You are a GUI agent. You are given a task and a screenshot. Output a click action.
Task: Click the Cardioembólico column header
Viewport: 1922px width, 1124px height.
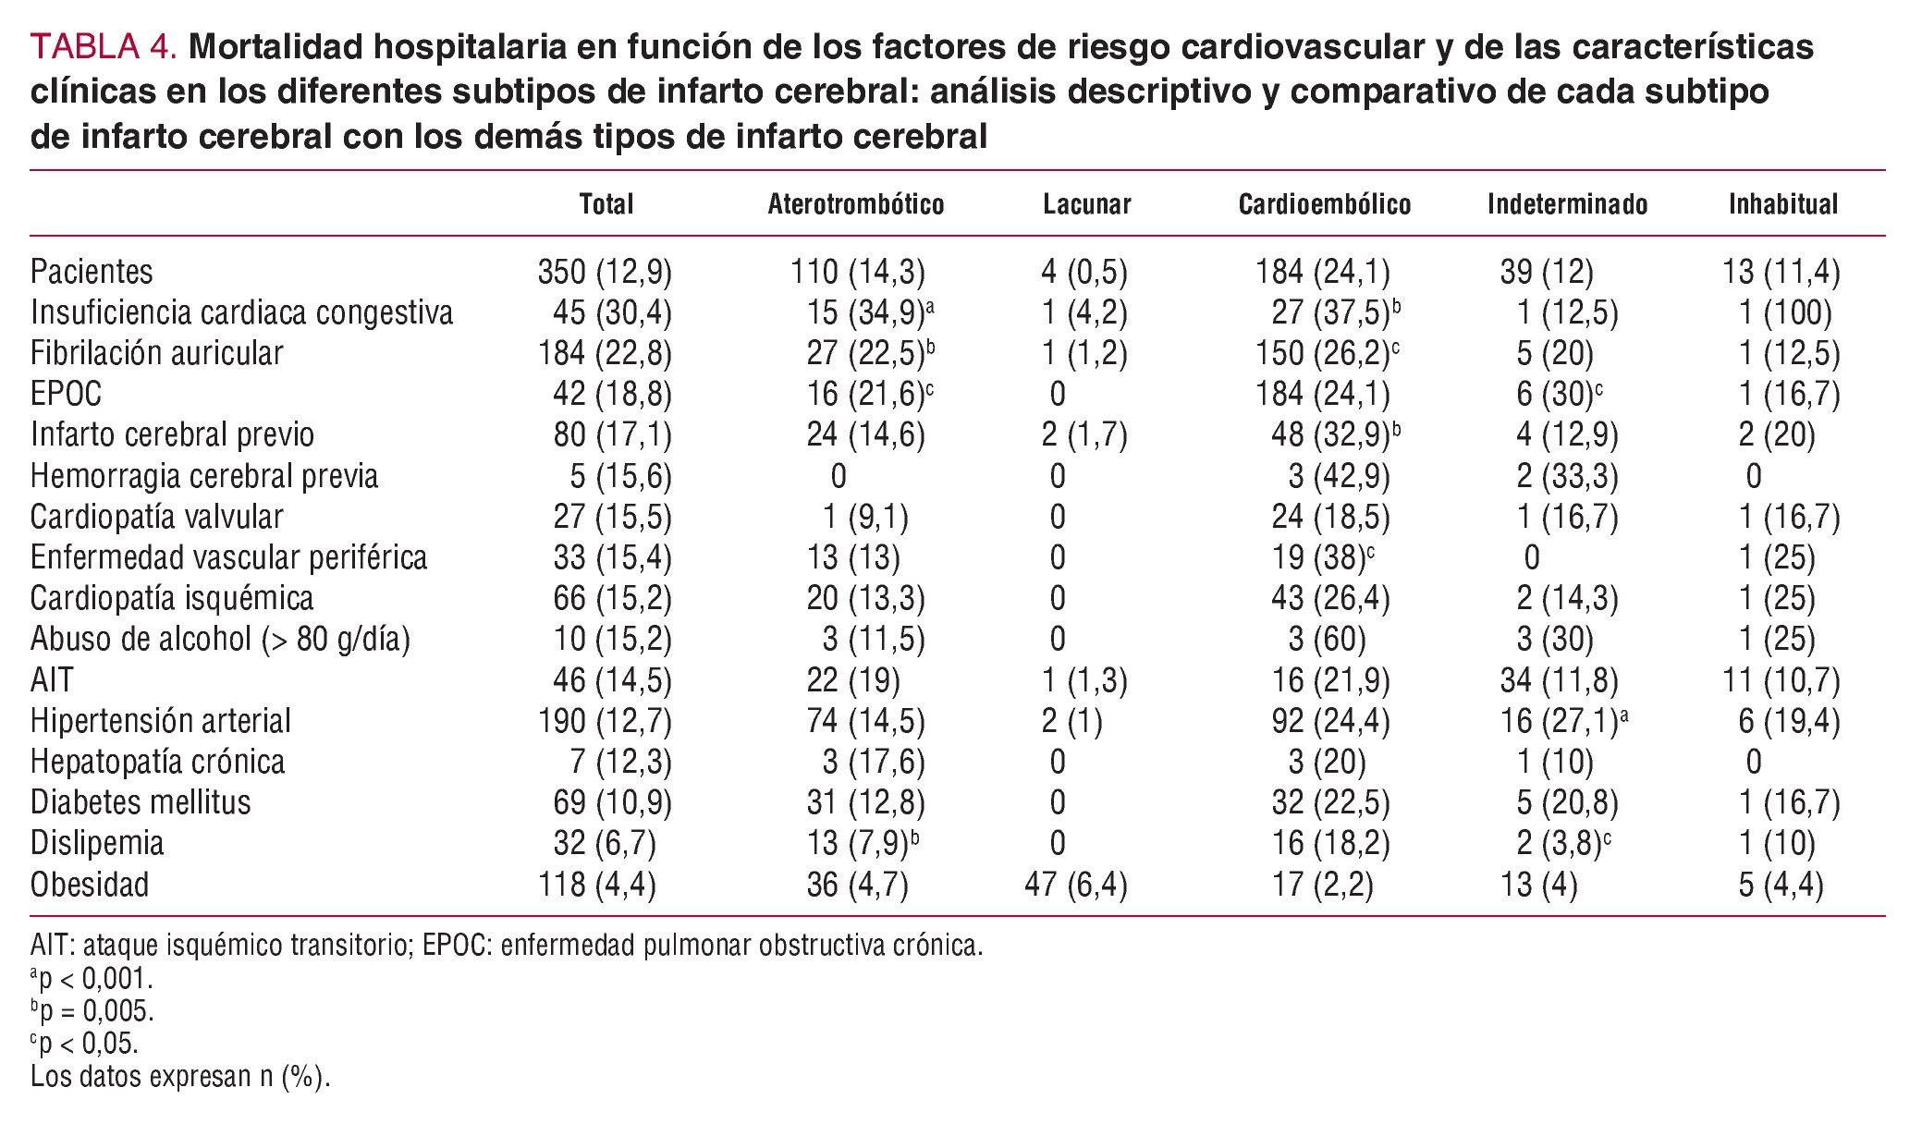1324,204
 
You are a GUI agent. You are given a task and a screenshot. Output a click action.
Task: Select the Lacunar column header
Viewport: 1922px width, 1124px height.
1086,204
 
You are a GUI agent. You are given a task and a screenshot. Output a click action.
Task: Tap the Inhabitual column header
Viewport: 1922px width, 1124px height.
1782,204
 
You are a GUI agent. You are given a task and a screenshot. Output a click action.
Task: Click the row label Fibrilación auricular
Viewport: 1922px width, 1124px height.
156,353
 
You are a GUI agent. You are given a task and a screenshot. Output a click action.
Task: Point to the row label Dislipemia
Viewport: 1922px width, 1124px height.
97,843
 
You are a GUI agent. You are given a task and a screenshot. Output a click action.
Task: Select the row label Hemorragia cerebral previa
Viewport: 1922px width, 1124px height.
204,476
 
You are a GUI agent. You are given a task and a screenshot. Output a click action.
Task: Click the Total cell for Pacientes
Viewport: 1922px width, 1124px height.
605,272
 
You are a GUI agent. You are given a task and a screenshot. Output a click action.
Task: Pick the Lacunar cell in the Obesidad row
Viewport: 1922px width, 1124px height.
1075,885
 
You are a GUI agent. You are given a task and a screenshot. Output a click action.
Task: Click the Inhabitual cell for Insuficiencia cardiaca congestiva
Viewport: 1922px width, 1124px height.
1784,313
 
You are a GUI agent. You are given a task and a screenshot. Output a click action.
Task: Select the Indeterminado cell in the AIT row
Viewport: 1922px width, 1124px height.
1559,680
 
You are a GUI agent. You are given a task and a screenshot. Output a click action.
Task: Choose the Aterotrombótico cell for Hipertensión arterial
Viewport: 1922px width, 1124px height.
864,721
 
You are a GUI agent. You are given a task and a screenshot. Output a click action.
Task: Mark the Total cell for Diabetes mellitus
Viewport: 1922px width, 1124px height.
612,802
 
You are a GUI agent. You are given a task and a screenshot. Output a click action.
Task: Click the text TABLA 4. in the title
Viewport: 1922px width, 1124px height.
104,47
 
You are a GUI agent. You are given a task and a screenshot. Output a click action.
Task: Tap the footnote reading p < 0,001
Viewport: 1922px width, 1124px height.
92,978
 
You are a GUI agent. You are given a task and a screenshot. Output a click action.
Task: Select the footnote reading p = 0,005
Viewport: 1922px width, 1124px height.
92,1010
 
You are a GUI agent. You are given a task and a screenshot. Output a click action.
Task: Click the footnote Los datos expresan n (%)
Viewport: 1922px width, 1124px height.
180,1077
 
